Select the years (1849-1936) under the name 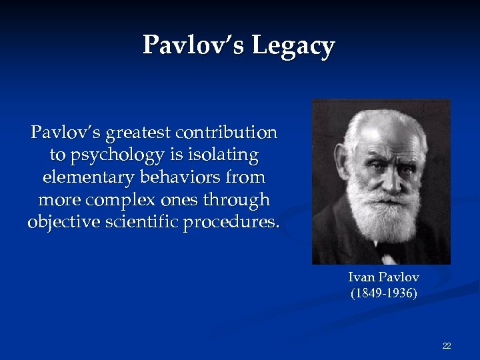point(384,293)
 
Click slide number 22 point(447,345)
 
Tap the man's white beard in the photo point(380,213)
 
